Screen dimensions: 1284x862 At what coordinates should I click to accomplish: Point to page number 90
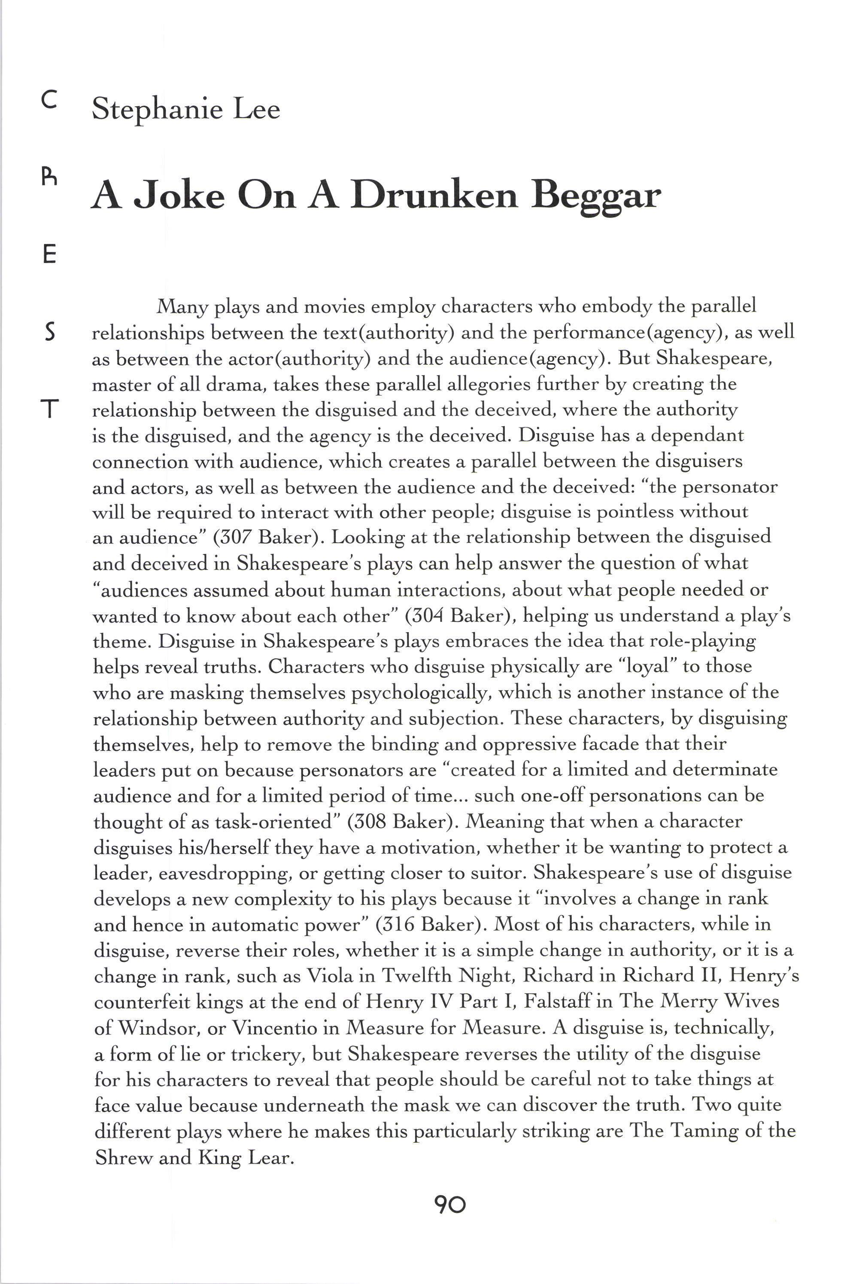pyautogui.click(x=450, y=1205)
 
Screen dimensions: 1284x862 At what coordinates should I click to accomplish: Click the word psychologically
pyautogui.click(x=419, y=693)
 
